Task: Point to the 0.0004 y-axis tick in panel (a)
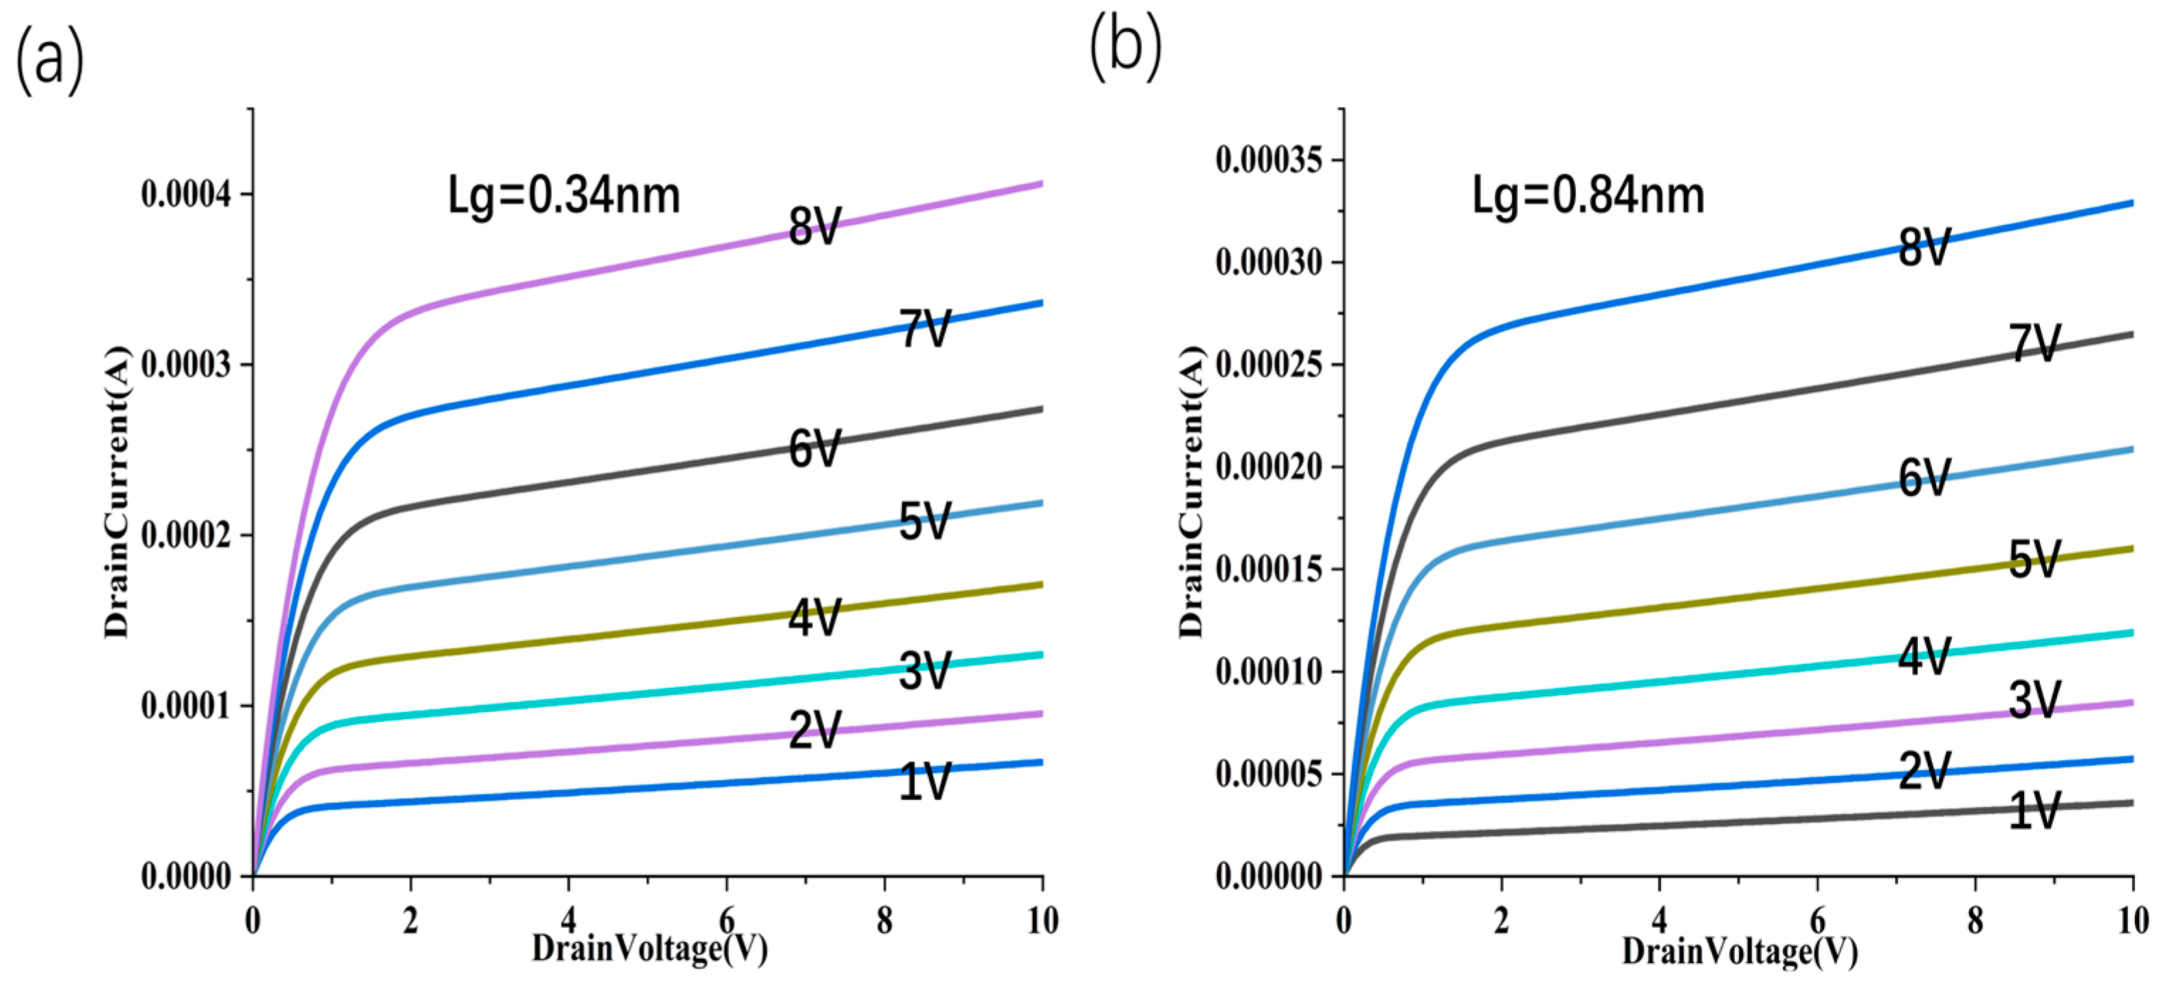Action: pos(185,194)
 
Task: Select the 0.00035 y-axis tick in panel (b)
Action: pos(1269,160)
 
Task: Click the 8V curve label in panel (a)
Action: pos(814,226)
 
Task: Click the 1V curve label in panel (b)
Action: pos(2034,811)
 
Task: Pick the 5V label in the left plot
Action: pos(924,521)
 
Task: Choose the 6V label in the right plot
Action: pos(1924,479)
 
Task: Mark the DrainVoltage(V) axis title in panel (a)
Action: pos(650,949)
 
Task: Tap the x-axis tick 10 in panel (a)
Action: pos(1043,921)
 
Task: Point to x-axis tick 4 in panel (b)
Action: pos(1660,921)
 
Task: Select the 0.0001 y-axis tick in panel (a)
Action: pos(185,706)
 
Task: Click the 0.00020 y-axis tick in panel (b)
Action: pos(1269,467)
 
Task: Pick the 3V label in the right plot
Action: pos(2034,701)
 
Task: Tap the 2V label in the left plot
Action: pos(814,730)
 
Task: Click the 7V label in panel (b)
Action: pos(2034,343)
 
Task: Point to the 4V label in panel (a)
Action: pos(814,618)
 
